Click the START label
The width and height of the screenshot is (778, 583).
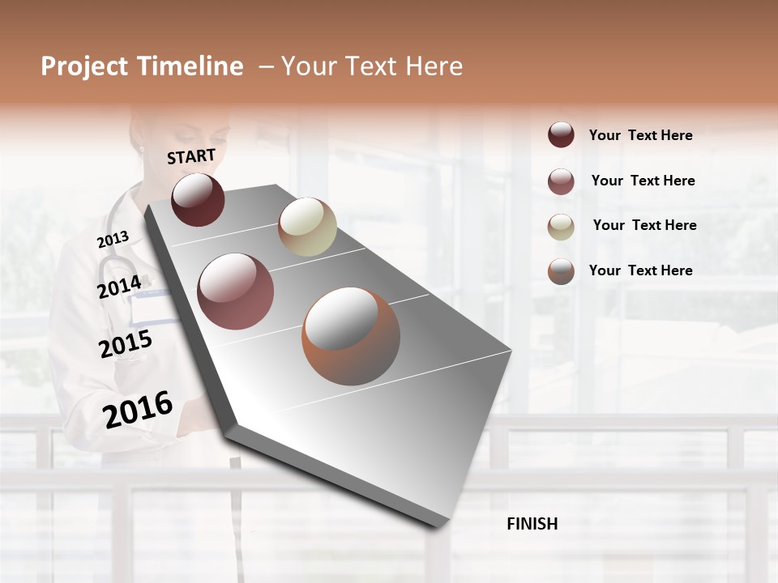[191, 156]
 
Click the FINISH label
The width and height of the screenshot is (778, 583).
[532, 524]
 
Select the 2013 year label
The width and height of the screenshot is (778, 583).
[113, 240]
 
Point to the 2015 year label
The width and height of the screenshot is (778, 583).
[125, 344]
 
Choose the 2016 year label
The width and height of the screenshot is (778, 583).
[138, 409]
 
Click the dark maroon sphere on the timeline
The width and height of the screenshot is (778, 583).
[198, 199]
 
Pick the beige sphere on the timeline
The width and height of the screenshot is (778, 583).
[307, 227]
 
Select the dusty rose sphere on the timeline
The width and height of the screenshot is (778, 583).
[235, 291]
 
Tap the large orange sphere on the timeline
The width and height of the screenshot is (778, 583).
[350, 336]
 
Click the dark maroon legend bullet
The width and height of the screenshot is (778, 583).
[561, 134]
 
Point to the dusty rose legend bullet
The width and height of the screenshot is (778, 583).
[561, 181]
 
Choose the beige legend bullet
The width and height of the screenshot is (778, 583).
[561, 227]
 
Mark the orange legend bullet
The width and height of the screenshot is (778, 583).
[561, 271]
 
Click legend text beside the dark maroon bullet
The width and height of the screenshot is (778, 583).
[640, 135]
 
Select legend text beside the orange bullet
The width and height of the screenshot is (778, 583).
[640, 270]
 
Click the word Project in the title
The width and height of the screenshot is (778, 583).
[84, 66]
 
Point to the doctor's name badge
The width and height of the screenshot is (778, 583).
[154, 308]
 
